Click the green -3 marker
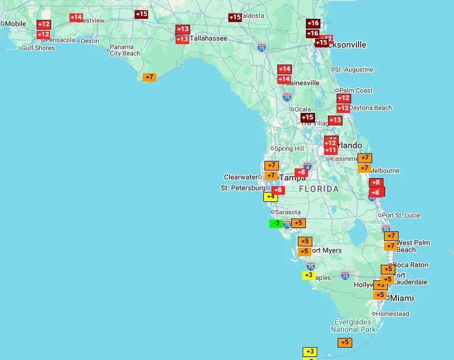coord(276,223)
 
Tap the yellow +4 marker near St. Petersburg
coord(270,197)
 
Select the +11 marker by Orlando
coord(331,151)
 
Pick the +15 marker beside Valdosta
coord(235,18)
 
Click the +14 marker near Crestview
coord(76,18)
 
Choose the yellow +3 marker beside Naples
coord(308,276)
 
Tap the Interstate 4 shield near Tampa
coord(307,166)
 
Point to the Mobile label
coord(15,24)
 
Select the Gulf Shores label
coord(38,48)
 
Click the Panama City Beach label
coord(125,50)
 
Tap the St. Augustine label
coord(354,69)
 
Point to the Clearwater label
coord(241,177)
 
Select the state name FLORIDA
coord(319,189)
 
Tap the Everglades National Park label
coord(353,326)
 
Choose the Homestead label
coord(393,314)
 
